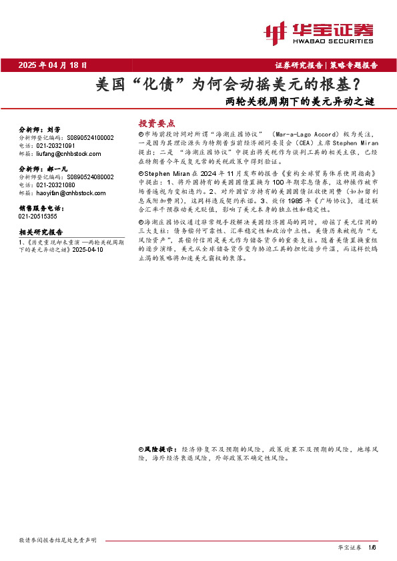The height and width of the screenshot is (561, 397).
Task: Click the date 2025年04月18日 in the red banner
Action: [x=53, y=65]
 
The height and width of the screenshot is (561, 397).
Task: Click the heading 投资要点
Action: [x=157, y=123]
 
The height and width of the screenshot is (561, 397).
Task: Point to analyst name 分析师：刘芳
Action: [x=40, y=129]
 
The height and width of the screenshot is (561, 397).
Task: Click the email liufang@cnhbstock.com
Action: [x=60, y=153]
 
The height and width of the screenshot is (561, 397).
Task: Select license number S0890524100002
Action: [x=90, y=137]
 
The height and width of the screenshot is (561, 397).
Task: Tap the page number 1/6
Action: [x=372, y=547]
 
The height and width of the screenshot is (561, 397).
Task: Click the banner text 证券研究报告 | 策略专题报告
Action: [x=326, y=65]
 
